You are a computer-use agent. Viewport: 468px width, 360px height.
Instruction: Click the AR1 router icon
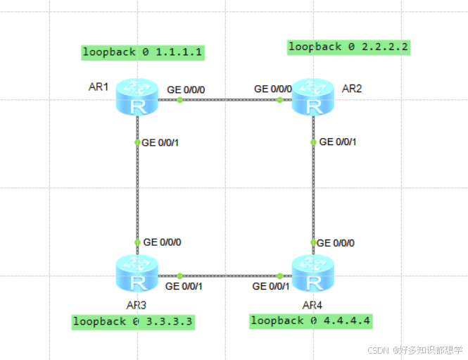(x=137, y=99)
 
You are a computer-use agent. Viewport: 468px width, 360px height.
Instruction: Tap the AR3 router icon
(x=137, y=275)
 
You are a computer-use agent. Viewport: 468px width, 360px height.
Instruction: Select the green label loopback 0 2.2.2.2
(x=348, y=47)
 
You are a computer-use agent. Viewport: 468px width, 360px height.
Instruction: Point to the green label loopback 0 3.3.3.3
(x=132, y=322)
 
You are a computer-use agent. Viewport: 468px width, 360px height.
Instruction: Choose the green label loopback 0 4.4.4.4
(x=310, y=321)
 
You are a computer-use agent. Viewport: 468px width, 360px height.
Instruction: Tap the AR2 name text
(x=352, y=89)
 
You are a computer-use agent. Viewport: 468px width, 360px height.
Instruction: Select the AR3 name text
(x=136, y=305)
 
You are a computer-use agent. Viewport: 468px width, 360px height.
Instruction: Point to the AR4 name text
(x=312, y=305)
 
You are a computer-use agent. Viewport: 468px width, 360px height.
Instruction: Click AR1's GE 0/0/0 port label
(x=186, y=89)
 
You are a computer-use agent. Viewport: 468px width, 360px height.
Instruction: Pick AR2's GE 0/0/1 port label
(x=338, y=142)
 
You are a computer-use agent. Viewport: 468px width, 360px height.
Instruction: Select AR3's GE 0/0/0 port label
(x=162, y=242)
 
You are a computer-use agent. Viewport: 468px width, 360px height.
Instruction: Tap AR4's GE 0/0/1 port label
(x=271, y=286)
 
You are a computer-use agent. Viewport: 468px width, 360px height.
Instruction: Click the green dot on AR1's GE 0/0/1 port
(x=137, y=142)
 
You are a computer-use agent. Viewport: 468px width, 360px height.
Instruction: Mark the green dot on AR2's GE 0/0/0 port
(x=279, y=100)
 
